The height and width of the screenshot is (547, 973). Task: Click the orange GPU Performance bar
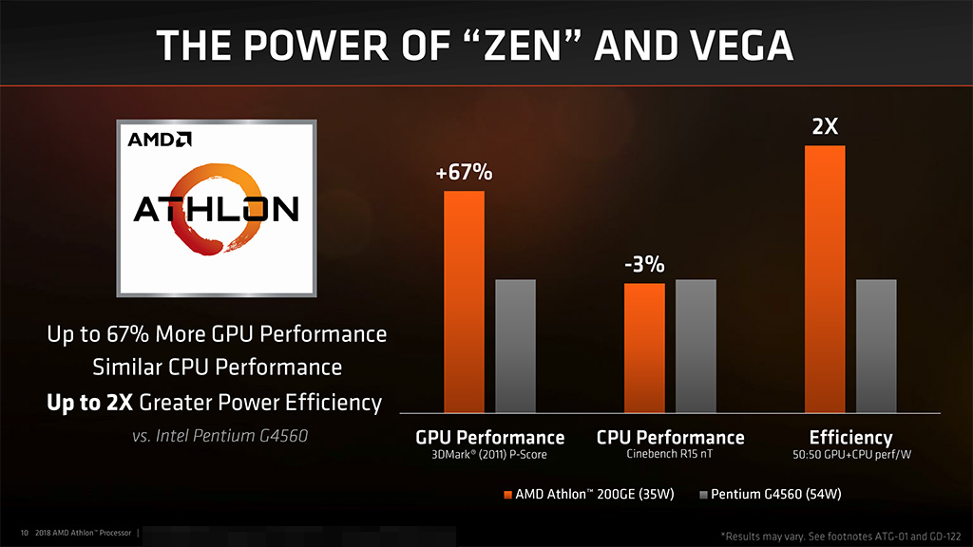click(x=465, y=301)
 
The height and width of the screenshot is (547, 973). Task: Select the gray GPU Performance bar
click(x=516, y=346)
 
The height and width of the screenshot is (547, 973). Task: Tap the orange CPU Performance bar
click(x=644, y=348)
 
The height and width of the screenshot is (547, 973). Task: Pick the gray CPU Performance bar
click(x=696, y=346)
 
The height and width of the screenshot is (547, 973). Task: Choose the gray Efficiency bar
click(x=876, y=346)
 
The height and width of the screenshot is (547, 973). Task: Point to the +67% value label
click(x=465, y=173)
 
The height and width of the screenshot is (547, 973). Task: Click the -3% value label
click(x=644, y=265)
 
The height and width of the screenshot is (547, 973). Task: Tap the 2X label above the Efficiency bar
click(x=825, y=126)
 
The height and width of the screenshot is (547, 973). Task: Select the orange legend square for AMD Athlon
click(x=507, y=495)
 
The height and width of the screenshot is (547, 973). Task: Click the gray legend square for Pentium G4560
click(x=703, y=495)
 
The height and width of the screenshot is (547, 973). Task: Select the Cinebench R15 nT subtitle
click(x=670, y=455)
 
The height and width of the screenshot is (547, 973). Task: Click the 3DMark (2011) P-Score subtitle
click(x=489, y=455)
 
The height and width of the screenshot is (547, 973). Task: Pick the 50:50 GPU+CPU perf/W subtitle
click(x=850, y=455)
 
